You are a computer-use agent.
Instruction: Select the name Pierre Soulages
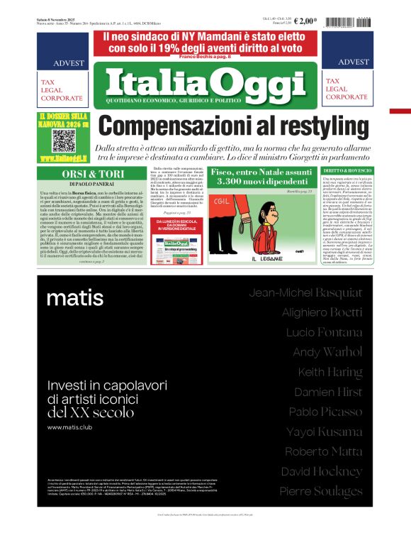(321, 491)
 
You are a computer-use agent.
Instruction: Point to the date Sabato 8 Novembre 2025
(55, 19)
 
